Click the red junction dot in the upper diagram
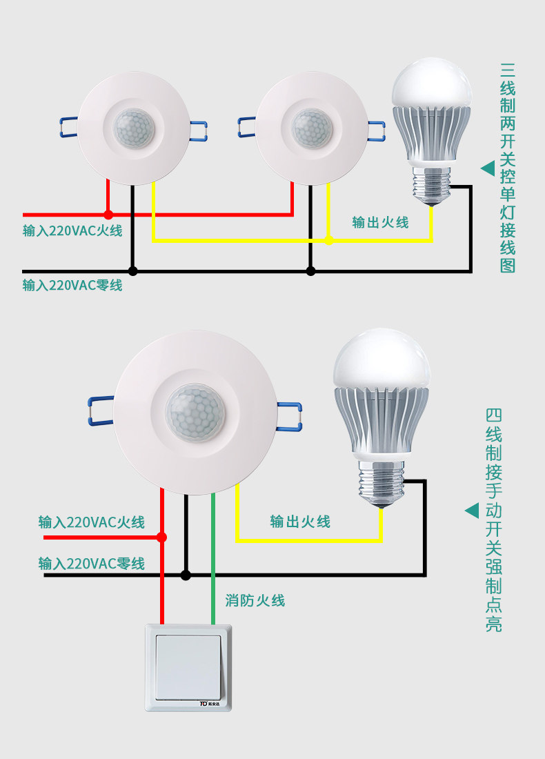108,215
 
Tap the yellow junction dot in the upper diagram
329,240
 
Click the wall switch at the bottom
188,667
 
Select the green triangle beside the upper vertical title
488,168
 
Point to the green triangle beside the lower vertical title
472,511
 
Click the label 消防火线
255,600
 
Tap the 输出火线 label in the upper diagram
380,222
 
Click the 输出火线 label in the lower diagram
300,522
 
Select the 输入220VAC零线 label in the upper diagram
72,285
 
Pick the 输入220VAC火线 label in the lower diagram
92,522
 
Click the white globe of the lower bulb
381,359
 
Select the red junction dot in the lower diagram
162,537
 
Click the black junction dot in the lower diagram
186,574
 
